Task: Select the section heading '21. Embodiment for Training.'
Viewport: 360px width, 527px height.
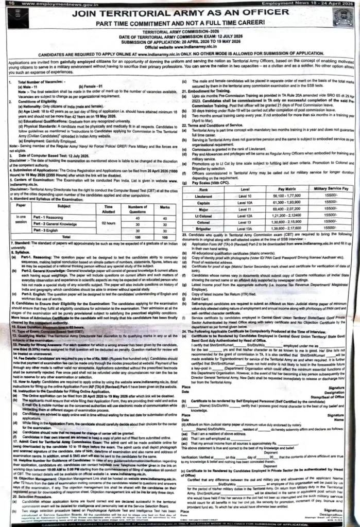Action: (210, 91)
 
